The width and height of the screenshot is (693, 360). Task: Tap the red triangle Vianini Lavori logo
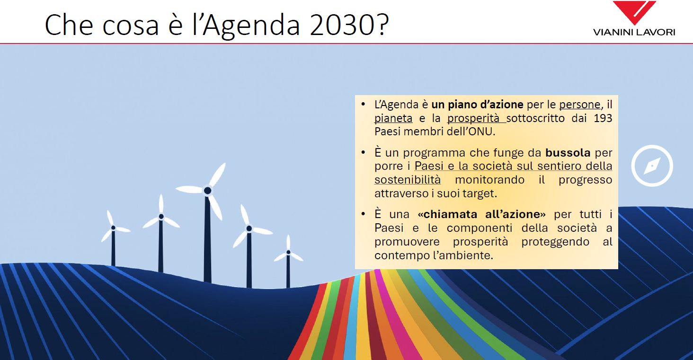point(634,12)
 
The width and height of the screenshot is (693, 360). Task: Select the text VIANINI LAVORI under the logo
point(634,32)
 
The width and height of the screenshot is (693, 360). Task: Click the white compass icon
point(652,166)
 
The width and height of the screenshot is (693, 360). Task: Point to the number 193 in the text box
point(603,118)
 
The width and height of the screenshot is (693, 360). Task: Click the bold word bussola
point(568,153)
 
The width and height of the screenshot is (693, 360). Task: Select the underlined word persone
point(579,105)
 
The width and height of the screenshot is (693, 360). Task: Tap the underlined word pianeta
point(393,118)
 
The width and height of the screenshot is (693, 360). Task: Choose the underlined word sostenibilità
point(408,180)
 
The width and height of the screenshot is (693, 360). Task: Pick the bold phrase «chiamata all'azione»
point(481,214)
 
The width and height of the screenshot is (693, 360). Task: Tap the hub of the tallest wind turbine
point(208,191)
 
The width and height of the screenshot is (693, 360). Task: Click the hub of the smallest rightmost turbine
point(288,252)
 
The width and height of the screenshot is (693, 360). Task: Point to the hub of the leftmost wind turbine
point(113,228)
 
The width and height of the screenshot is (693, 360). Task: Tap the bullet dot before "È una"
point(364,214)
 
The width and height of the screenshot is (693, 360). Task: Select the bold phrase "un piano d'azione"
point(477,105)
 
